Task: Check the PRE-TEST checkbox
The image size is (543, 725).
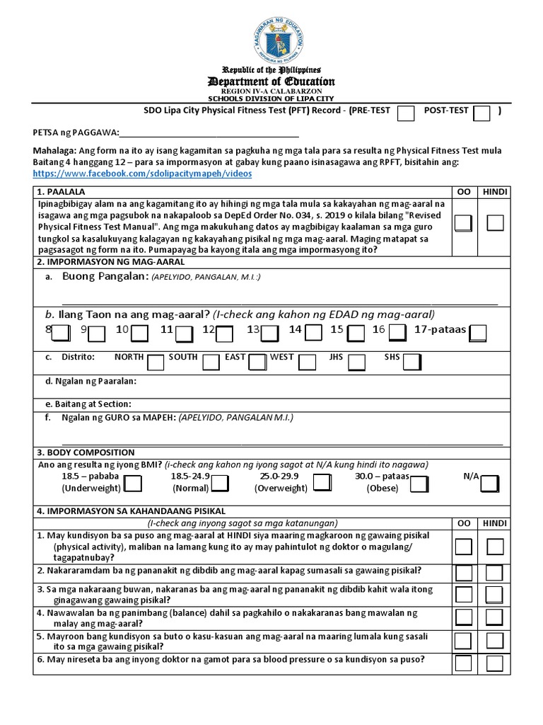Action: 406,114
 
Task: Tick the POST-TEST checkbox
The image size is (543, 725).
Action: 481,114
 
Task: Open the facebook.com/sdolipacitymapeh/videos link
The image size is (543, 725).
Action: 142,173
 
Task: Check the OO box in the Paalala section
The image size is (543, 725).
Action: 464,223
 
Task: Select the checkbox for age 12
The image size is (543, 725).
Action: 224,333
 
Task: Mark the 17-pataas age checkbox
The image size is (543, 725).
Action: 478,333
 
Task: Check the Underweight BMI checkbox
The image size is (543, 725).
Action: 133,484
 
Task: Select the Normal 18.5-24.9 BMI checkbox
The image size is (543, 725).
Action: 220,484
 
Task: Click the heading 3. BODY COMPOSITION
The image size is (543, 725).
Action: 86,452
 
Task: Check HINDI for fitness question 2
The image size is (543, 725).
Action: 495,572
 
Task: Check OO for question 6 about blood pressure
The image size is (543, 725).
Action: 464,663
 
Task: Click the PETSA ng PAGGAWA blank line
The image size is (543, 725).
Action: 209,133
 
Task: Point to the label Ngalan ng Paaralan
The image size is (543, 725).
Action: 90,382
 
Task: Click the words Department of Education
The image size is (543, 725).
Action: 272,81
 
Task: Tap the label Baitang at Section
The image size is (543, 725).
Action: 88,404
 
